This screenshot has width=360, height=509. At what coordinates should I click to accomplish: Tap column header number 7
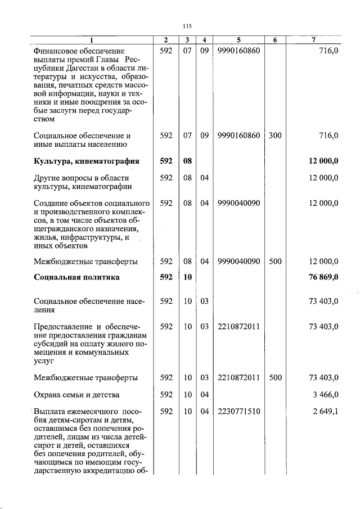tap(313, 40)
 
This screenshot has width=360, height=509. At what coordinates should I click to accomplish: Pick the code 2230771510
tap(238, 412)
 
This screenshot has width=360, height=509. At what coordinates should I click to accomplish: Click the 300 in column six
tap(274, 136)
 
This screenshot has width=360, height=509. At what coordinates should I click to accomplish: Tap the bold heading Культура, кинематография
tap(86, 161)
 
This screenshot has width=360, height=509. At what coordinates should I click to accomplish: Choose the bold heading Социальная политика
tap(76, 277)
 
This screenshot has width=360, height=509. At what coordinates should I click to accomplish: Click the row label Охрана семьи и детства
tap(76, 395)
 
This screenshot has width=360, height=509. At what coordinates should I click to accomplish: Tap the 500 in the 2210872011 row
tap(274, 377)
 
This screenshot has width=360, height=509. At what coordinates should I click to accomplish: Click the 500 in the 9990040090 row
tap(274, 262)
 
